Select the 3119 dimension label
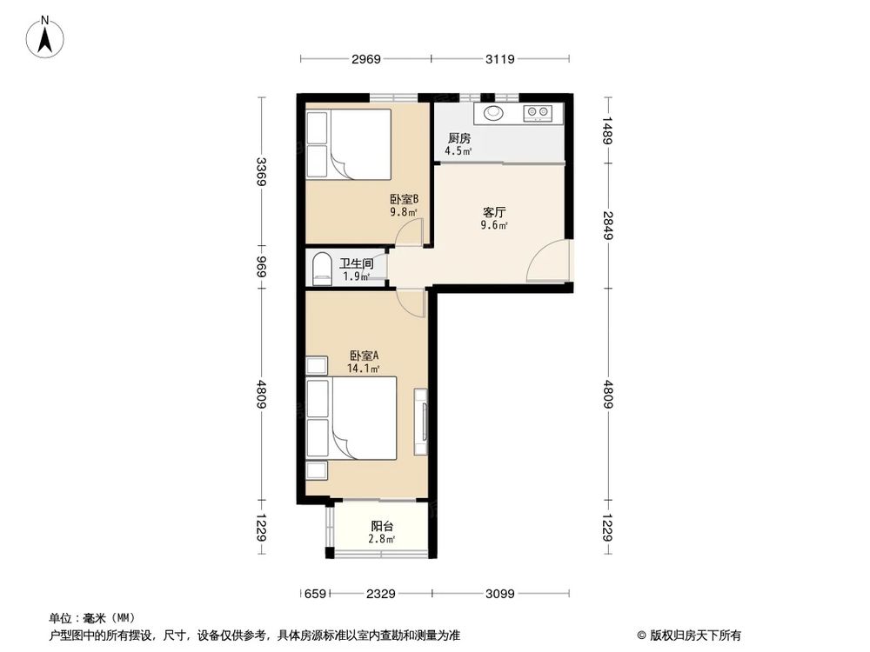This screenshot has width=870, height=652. tap(500, 59)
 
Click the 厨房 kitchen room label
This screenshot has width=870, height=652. tap(459, 138)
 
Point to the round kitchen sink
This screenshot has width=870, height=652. tap(494, 112)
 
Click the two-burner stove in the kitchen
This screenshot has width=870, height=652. tap(537, 112)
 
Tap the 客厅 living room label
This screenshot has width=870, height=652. tap(494, 211)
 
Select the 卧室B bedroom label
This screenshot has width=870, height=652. tap(405, 198)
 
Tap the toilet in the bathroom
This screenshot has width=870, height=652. tap(320, 268)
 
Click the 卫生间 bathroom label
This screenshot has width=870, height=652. tap(356, 263)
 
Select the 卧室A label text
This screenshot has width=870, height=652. tap(364, 356)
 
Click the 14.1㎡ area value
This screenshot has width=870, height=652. tap(364, 369)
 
